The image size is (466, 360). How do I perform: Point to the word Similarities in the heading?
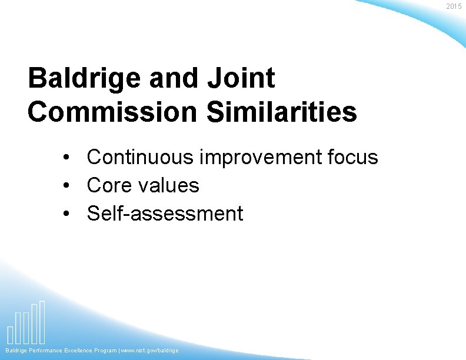point(282,111)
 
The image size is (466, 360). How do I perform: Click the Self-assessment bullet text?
point(165,214)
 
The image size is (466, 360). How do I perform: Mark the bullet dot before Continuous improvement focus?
point(68,158)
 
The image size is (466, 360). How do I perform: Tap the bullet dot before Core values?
point(68,186)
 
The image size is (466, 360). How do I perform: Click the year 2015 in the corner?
point(454,6)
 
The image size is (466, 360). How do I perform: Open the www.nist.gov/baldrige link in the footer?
point(150,351)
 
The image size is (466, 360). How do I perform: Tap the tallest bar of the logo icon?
point(42,322)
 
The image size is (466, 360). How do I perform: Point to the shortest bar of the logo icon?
point(10,334)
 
